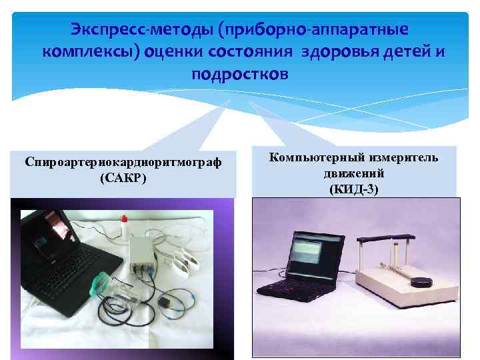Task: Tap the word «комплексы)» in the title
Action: pos(89,51)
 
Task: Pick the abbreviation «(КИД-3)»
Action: pos(353,189)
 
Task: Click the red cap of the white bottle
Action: pos(123,219)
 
